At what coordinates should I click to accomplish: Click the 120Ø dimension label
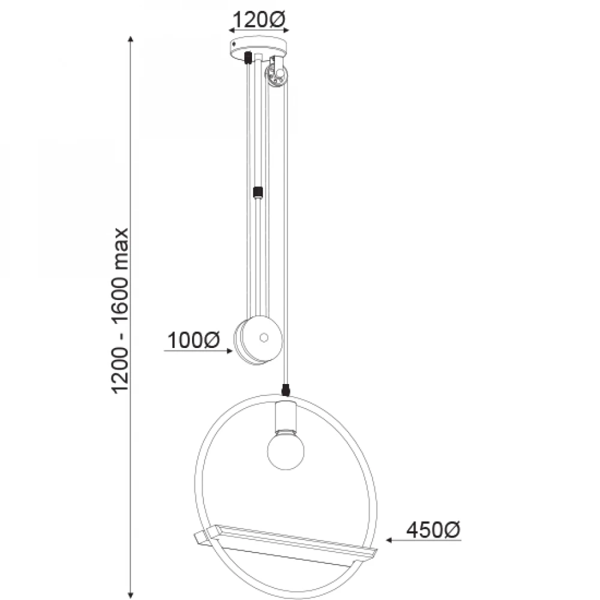pos(259,19)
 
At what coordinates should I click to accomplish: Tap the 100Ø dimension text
pos(194,340)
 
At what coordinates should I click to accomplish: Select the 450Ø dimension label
pos(433,530)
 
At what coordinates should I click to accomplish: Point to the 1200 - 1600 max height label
pos(120,310)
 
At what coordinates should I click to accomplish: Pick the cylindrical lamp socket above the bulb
pos(286,416)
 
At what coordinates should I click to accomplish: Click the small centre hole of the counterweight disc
pos(263,337)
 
